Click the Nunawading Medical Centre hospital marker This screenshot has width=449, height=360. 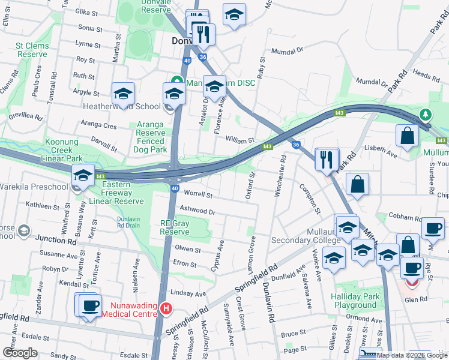point(166,309)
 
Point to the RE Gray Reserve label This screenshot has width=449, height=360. point(175,227)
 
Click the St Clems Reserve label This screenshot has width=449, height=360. point(32,50)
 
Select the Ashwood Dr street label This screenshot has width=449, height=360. point(197,211)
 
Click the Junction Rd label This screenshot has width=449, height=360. point(56,240)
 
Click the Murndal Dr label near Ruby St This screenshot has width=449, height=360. point(288,51)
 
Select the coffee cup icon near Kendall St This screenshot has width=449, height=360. point(90,305)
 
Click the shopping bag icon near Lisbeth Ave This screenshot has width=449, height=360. point(407,136)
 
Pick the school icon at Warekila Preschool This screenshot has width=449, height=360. point(83,175)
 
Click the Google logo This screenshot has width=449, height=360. point(20,353)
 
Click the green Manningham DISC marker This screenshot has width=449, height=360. point(177,82)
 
